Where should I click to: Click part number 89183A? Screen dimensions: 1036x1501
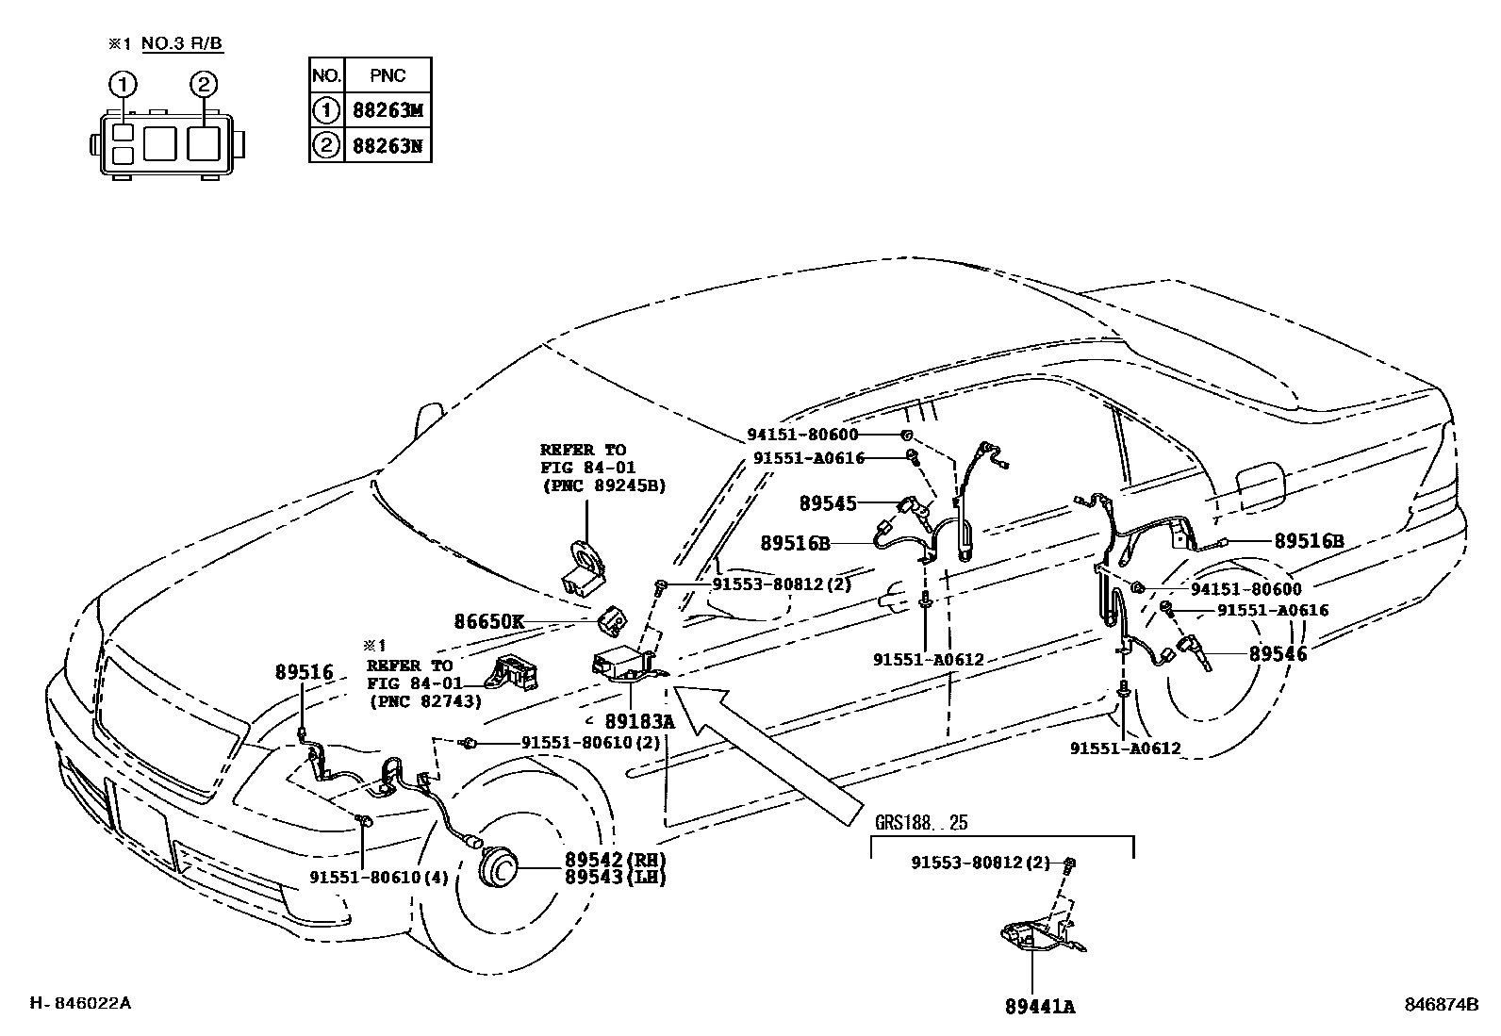640,722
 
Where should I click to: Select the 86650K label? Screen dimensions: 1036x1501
488,622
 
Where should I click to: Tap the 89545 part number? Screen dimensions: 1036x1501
828,503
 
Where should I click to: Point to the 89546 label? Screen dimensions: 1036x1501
1278,652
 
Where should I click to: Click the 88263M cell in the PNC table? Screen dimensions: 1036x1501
388,110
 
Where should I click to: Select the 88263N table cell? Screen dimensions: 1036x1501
388,145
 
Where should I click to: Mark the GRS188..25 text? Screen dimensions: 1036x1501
921,822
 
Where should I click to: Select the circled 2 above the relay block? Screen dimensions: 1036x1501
203,85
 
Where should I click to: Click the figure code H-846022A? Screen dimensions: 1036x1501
80,1003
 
